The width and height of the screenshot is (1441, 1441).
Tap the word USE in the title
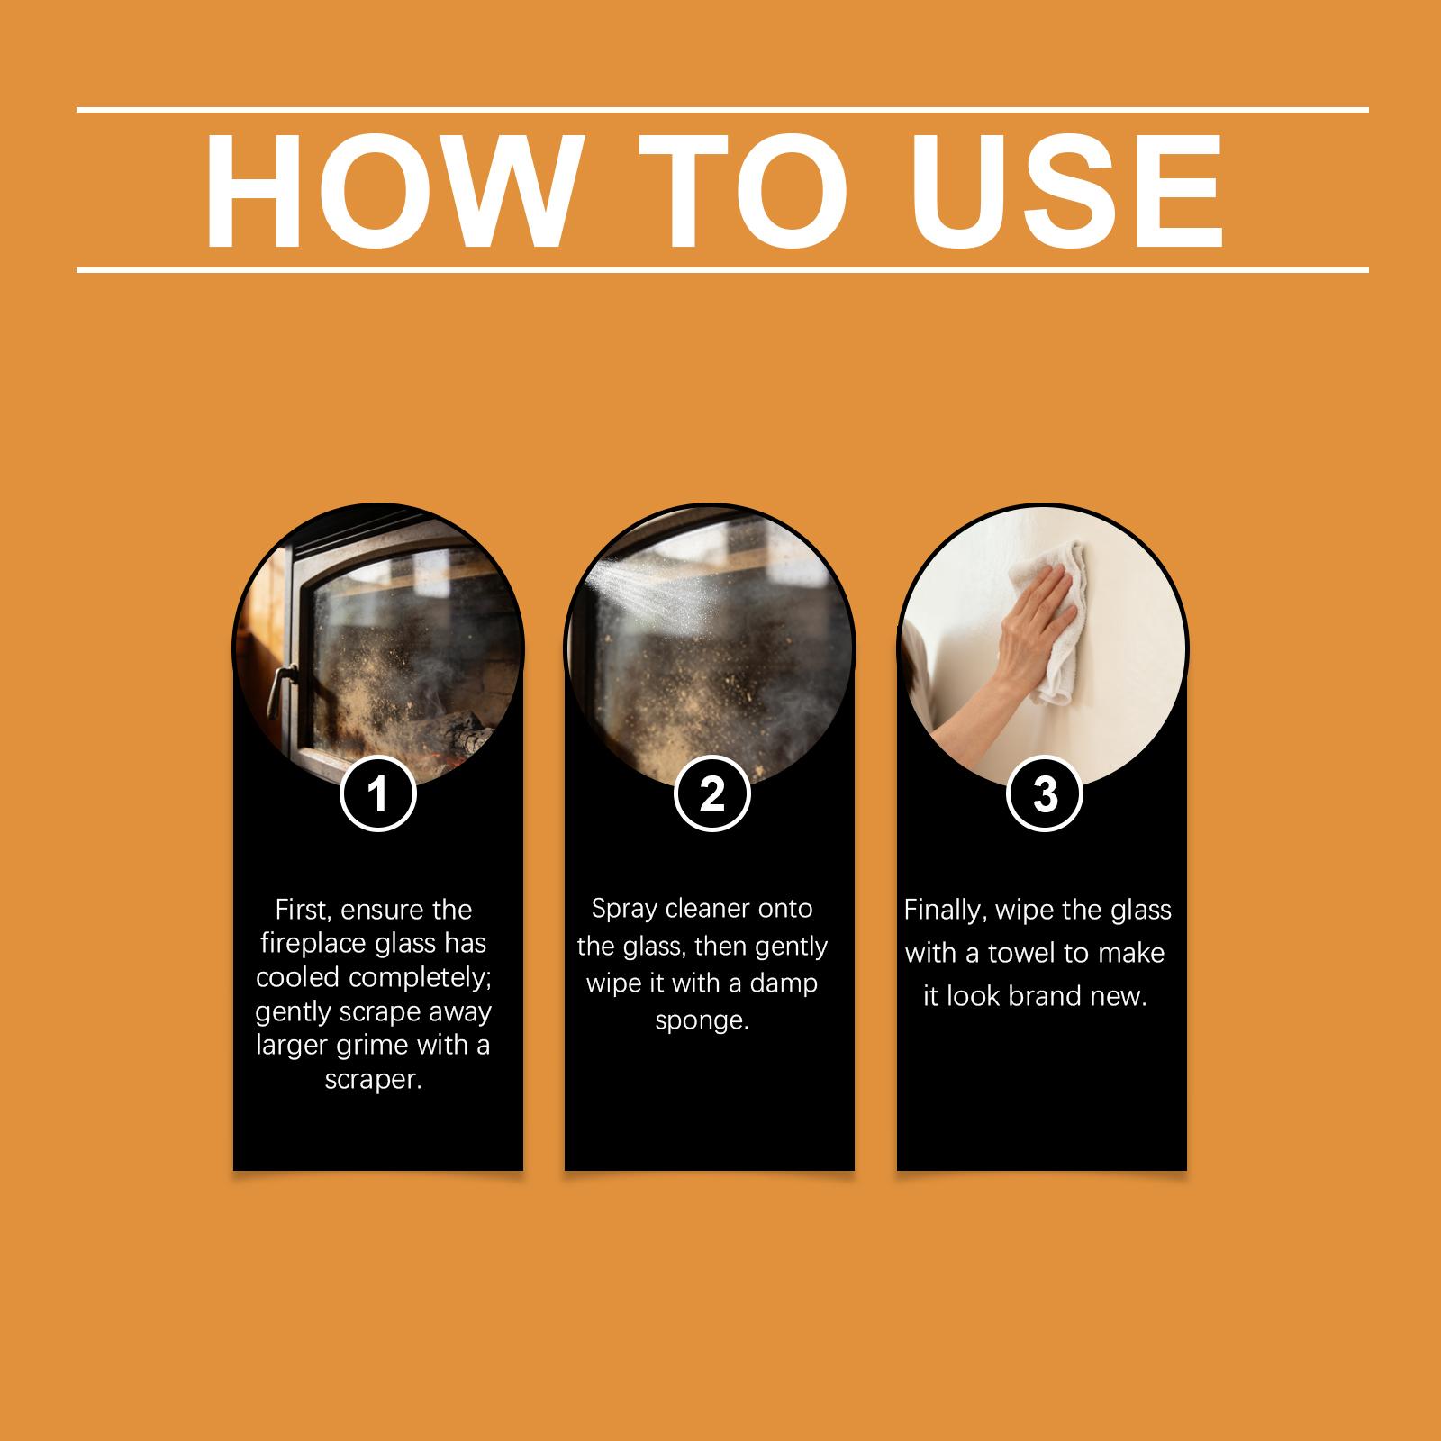(x=1066, y=192)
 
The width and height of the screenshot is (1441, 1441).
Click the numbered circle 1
(x=378, y=794)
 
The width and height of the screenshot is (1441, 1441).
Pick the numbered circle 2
(x=711, y=794)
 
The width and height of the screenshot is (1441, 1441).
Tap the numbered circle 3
(x=1045, y=794)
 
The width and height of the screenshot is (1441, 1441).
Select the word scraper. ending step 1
(x=374, y=1080)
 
